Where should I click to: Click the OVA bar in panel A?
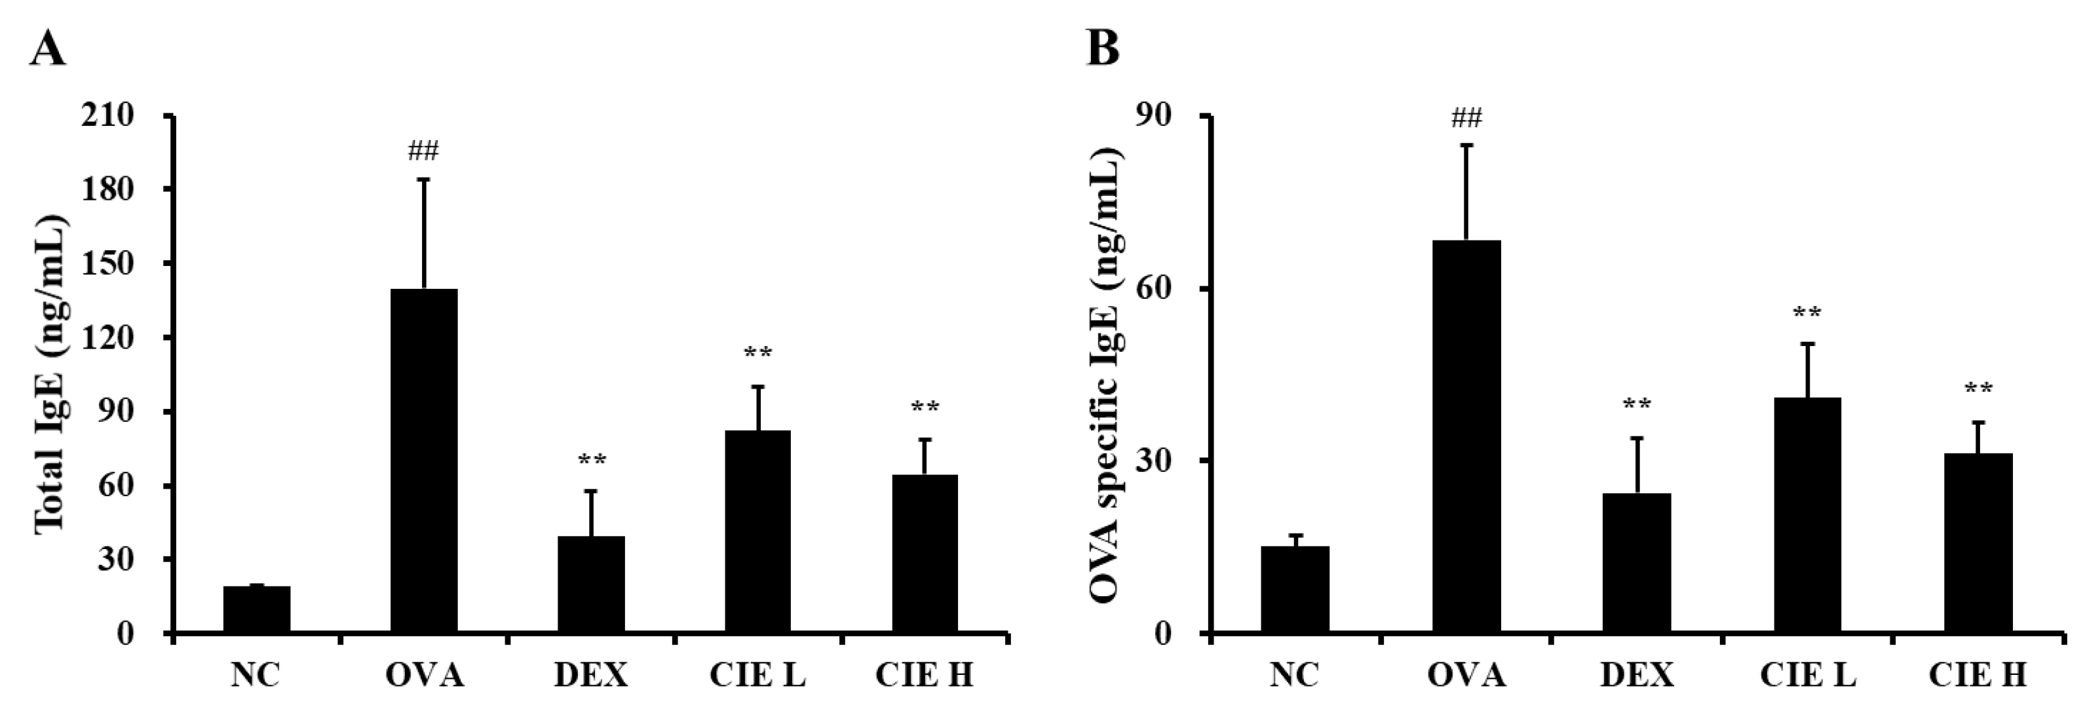424,460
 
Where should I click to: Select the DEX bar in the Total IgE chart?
591,584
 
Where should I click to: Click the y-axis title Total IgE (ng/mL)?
51,373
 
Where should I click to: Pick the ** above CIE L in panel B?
1807,314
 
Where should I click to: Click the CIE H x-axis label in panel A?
925,674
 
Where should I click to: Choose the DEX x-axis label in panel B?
1637,674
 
